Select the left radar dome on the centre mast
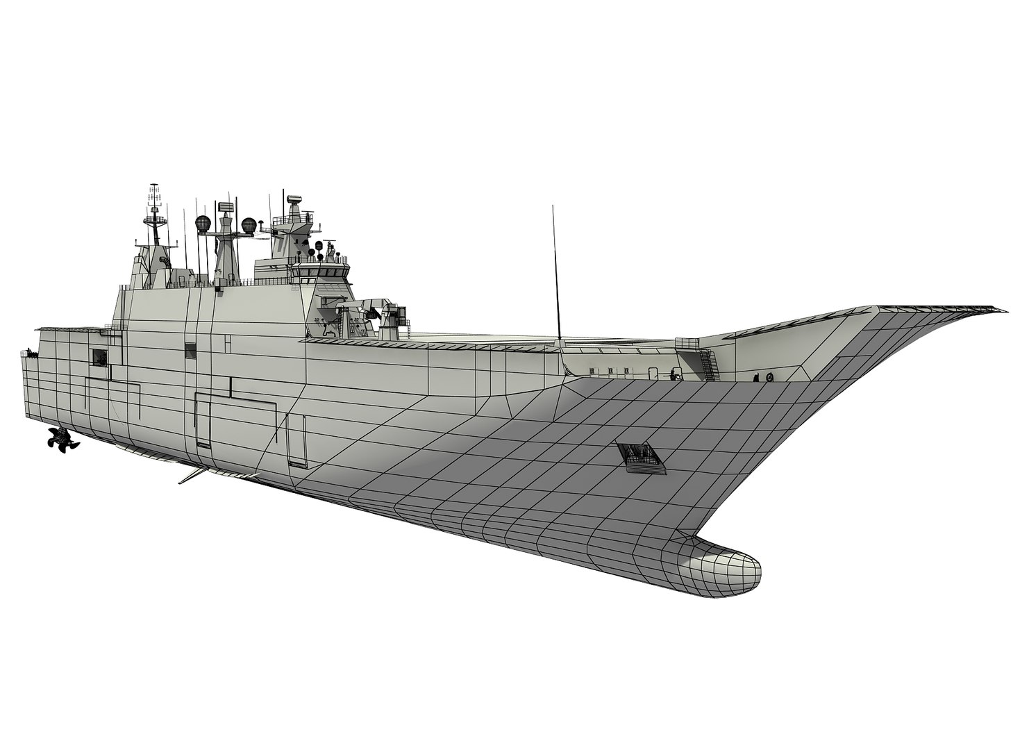(203, 224)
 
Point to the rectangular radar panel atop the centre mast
(225, 206)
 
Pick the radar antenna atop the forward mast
(294, 199)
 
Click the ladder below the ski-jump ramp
(708, 365)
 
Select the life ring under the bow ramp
(769, 376)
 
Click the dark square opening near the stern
(99, 357)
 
